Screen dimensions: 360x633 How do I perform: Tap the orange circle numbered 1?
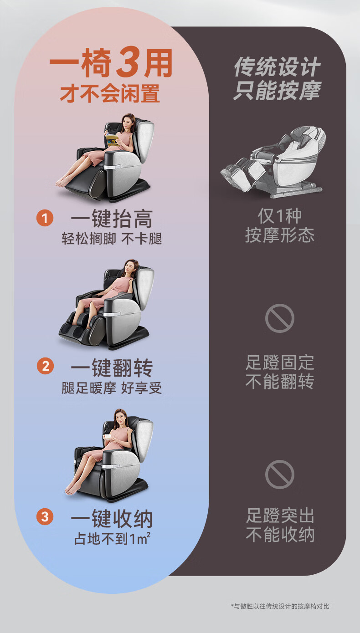[45, 218]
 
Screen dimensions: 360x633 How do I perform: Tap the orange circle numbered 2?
[45, 366]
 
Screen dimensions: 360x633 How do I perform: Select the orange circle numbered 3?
[45, 516]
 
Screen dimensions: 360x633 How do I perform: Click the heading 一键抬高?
[112, 219]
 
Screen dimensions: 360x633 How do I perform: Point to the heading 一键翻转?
[112, 368]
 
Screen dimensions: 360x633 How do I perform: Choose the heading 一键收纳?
[112, 518]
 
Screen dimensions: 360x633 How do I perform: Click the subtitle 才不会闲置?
[110, 93]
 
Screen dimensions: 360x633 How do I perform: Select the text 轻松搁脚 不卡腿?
[112, 239]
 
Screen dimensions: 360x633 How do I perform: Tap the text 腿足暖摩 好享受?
[112, 388]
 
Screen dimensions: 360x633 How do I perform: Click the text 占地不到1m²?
[112, 538]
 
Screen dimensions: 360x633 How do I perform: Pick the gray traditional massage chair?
[273, 162]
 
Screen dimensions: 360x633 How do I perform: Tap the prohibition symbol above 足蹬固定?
[280, 318]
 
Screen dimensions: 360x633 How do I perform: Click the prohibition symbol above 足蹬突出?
[280, 475]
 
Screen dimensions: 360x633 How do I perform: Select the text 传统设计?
[277, 66]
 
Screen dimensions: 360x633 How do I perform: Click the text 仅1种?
[280, 216]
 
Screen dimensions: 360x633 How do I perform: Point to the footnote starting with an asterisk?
[280, 606]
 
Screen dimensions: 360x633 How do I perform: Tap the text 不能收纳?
[280, 534]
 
